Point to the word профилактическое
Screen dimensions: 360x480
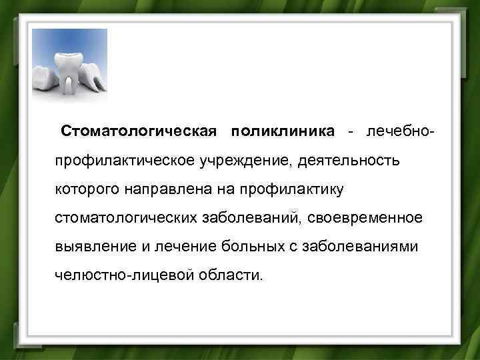click(126, 161)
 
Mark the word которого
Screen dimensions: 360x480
click(86, 190)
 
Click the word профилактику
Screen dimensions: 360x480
click(287, 190)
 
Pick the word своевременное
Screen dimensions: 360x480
click(365, 219)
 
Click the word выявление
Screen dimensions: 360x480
click(96, 247)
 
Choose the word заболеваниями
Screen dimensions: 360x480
click(361, 247)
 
